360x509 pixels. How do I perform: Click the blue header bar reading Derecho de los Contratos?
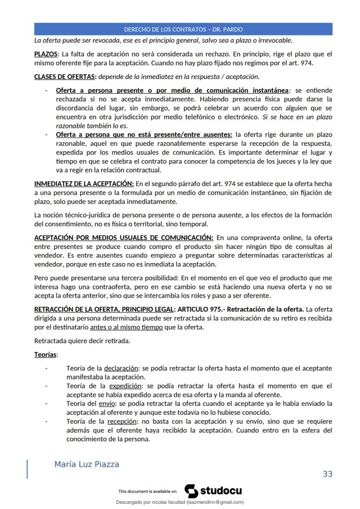(183, 30)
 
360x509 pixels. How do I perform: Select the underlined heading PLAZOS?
(46, 54)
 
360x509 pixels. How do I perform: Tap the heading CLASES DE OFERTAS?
(65, 77)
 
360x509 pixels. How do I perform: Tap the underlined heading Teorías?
(46, 355)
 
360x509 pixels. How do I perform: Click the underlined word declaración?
(121, 368)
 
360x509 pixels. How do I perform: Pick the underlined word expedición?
(125, 386)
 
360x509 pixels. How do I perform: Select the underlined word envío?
(107, 404)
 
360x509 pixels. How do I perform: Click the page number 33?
(327, 474)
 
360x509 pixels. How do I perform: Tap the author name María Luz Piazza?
(87, 464)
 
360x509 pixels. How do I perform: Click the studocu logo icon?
(191, 491)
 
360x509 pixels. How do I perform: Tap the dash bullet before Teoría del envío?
(46, 404)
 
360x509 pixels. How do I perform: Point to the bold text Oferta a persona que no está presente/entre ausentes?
(144, 135)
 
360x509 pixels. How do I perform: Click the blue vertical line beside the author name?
(28, 469)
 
